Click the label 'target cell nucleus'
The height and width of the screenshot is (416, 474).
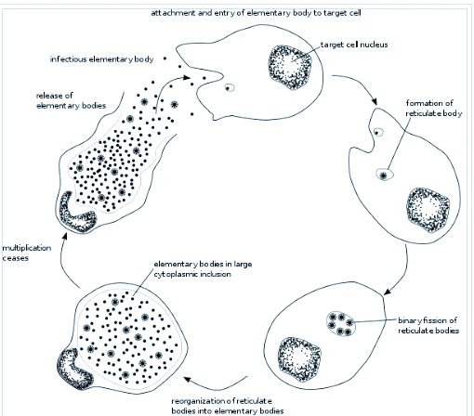coord(354,45)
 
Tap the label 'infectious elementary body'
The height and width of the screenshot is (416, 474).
coord(101,59)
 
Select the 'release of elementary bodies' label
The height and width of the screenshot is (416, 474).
coord(71,100)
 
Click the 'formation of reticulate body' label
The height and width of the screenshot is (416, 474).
coord(434,108)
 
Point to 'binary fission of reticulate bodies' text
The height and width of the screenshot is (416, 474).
coord(428,325)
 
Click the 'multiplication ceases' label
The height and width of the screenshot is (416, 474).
coord(27,253)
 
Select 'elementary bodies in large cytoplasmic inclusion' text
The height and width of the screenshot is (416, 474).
coord(203,269)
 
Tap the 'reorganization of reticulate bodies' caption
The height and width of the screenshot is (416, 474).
coord(228,406)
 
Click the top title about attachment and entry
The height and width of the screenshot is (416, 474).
coord(256,13)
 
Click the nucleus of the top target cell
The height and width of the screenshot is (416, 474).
coord(290,67)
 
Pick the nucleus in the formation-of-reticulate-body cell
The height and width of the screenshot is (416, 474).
coord(428,210)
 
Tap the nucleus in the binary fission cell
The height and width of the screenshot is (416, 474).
coord(299,359)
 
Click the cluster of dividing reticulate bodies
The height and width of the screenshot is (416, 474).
coord(341,324)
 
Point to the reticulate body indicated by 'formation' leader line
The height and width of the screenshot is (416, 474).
coord(385,175)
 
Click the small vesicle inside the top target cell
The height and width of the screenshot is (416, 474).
coord(230,88)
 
